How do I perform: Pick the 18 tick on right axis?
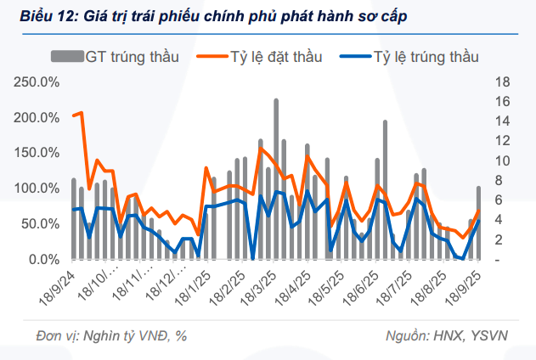[501, 82]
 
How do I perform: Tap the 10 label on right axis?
[501, 161]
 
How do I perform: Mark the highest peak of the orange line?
[81, 112]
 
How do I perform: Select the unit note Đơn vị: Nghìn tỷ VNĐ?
[111, 335]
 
